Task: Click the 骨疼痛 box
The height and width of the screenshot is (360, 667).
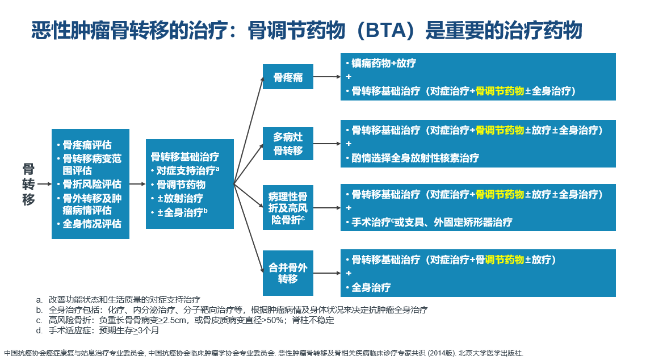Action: (x=288, y=77)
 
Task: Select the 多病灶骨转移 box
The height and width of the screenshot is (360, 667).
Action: (x=288, y=144)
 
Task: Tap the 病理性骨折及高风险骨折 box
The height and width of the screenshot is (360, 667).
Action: (x=288, y=208)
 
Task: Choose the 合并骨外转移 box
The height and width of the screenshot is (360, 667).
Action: (x=288, y=273)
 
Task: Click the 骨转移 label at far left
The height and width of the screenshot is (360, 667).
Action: (x=28, y=184)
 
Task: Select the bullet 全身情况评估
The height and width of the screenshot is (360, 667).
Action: (x=91, y=224)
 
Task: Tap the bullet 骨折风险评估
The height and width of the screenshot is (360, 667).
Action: (x=91, y=184)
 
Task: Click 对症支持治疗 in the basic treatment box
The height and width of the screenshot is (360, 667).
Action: (x=184, y=170)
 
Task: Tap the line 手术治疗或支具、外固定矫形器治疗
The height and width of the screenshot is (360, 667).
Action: (x=431, y=221)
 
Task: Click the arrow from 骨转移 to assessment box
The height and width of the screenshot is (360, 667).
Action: (x=44, y=184)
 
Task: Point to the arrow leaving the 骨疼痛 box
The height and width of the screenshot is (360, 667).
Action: (x=326, y=77)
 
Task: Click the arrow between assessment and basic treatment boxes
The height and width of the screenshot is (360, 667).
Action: (x=137, y=184)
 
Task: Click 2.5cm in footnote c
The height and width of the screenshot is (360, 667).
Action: (x=174, y=320)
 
